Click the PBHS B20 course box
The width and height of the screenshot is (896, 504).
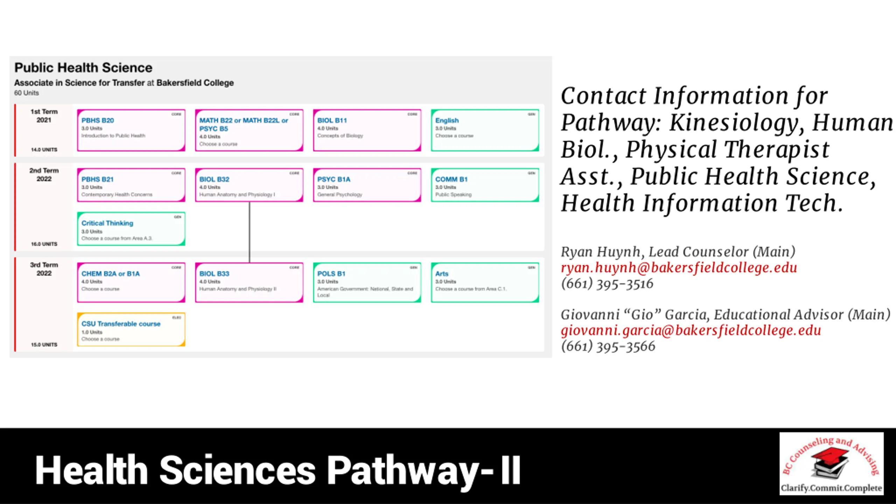click(x=131, y=130)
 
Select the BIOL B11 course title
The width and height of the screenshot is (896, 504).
click(x=332, y=120)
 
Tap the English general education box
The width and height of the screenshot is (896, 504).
click(x=485, y=130)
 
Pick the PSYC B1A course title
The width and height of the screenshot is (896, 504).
click(x=334, y=179)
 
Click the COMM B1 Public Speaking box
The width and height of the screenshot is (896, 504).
click(x=485, y=185)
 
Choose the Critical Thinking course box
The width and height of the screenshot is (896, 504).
click(x=131, y=229)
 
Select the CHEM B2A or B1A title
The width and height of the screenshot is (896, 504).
click(x=111, y=274)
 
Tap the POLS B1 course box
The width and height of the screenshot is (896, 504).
click(x=367, y=282)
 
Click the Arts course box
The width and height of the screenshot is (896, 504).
click(x=485, y=282)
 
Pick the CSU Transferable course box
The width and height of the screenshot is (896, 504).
click(x=131, y=330)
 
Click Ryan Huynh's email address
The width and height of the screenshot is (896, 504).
click(x=679, y=268)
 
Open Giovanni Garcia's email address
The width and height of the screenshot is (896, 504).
click(x=691, y=330)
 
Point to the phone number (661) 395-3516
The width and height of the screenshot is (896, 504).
click(x=607, y=284)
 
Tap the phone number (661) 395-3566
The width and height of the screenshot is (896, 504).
click(x=608, y=346)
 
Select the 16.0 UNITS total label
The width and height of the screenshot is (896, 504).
click(x=44, y=244)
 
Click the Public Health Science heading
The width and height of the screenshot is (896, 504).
click(x=83, y=68)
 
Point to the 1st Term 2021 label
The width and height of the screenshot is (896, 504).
click(x=44, y=116)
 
